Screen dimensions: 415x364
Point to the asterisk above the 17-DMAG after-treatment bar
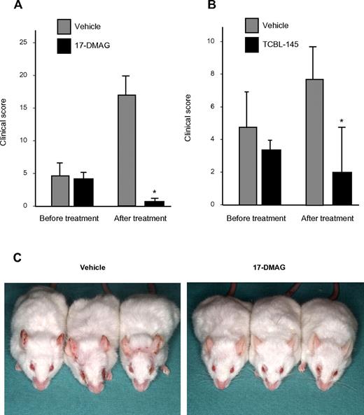(154, 192)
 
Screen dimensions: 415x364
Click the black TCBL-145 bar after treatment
(323, 188)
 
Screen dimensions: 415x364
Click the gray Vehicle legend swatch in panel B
(253, 27)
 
